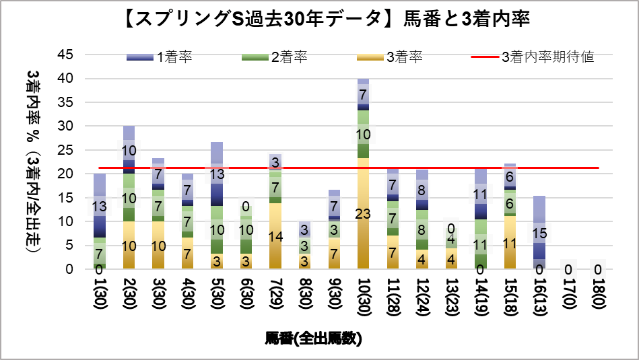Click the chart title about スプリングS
318,20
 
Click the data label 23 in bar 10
364,214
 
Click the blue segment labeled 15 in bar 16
539,232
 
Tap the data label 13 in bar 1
100,206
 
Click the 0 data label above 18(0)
598,270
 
